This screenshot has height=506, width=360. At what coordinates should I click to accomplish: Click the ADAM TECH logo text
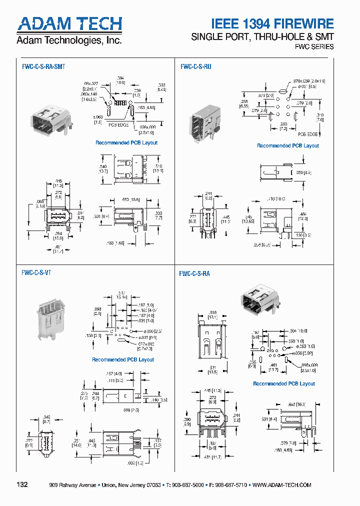tap(69, 24)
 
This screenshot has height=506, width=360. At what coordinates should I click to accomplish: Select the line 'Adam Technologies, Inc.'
tap(69, 40)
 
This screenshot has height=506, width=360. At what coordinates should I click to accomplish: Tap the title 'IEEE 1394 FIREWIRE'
tap(272, 23)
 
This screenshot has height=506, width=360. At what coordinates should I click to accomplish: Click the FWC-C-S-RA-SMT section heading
tap(43, 66)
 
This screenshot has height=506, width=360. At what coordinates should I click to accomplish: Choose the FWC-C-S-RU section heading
tap(195, 66)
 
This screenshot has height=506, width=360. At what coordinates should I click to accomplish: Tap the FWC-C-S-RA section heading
tap(194, 273)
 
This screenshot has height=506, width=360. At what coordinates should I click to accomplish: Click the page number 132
tap(22, 484)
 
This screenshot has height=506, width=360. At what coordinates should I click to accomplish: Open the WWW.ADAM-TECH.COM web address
tap(282, 485)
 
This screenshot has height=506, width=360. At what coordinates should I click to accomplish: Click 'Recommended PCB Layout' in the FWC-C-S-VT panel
tap(123, 359)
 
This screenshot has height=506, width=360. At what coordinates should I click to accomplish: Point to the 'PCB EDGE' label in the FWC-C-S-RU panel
tap(308, 134)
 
